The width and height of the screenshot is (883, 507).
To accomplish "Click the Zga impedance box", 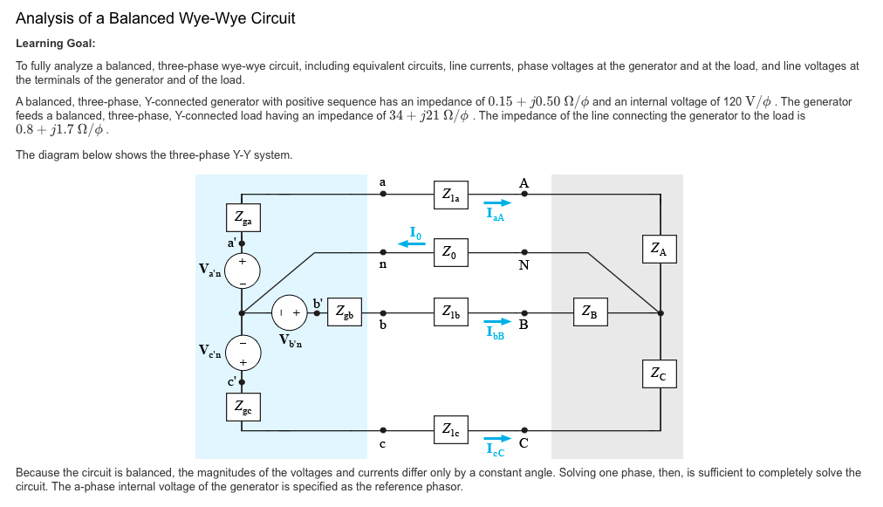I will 243,216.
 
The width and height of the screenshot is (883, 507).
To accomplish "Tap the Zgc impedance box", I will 243,408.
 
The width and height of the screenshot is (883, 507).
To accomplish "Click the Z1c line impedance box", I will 451,429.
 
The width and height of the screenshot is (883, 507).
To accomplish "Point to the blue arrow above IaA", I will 499,203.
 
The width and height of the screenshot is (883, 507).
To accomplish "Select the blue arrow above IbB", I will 499,321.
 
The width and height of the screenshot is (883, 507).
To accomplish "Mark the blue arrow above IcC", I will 499,440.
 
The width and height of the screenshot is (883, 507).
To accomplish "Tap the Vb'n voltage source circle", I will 290,311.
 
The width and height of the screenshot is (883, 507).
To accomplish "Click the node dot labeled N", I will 524,253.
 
